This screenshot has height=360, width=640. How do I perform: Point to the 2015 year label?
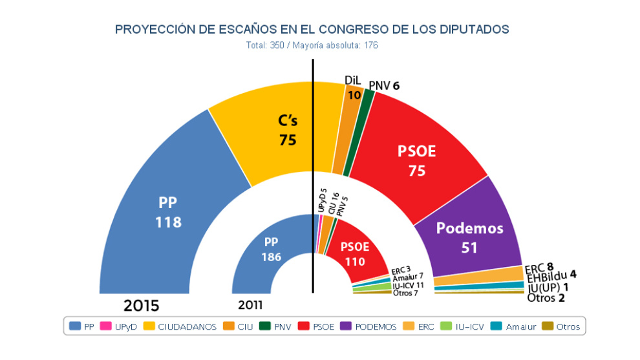point(142,305)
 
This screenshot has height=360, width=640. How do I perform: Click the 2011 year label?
point(250,305)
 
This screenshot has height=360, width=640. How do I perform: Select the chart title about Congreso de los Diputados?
point(312,29)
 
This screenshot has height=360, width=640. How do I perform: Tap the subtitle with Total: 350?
point(312,46)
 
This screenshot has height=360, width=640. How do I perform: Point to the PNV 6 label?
point(385,85)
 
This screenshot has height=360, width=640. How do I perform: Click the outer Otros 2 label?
point(546,298)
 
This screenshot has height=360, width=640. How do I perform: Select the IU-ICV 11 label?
point(408,285)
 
